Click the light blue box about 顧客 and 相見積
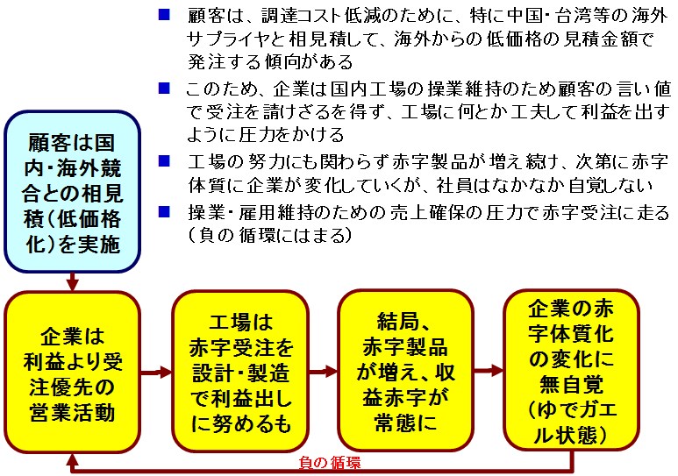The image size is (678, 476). point(72,191)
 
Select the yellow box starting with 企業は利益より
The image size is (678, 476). point(72,372)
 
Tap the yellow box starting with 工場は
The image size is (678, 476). point(240,372)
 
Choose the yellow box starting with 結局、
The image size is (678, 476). point(405,371)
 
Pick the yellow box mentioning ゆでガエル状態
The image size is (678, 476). point(571,370)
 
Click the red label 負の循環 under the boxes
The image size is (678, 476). point(330,463)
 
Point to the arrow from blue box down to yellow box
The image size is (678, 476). point(72,282)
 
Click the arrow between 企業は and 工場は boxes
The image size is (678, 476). point(156,372)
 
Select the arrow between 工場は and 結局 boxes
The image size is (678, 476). point(324,371)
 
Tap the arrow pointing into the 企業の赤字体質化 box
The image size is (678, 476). point(489,371)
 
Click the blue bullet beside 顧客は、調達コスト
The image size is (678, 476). point(164,15)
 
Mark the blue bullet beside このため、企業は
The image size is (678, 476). point(164,89)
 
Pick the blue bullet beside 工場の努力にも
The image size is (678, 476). point(164,160)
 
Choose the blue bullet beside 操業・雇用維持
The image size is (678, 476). point(164,211)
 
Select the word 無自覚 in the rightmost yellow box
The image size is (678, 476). point(571,384)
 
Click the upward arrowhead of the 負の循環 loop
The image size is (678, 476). point(73,458)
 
